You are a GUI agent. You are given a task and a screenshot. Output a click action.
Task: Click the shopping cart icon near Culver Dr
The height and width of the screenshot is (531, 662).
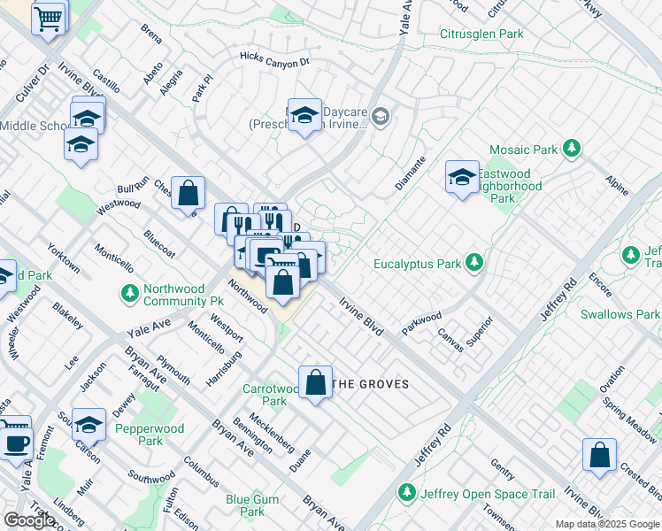point(49,18)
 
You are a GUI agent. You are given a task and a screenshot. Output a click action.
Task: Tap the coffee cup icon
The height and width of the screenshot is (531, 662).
point(16,442)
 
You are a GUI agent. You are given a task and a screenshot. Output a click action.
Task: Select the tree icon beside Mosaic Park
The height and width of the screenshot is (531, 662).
point(572,148)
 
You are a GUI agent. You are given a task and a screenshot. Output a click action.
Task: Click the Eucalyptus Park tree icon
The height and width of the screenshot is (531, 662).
point(475,263)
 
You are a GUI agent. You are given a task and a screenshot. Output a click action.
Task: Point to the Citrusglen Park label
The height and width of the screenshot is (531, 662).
point(481,35)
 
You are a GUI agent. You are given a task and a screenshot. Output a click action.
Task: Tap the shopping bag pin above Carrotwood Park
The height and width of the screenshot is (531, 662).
point(315,383)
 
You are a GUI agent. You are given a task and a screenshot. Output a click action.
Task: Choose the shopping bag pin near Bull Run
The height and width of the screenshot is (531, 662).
point(188,193)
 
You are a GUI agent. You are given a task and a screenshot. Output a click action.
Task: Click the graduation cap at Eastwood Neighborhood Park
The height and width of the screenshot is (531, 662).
point(461,178)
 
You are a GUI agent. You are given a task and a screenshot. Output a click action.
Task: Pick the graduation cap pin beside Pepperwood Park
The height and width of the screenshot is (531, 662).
point(89,426)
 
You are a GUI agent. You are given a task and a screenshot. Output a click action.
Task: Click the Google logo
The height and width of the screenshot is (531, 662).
point(29,520)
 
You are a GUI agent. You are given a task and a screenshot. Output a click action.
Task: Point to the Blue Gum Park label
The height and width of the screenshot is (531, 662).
point(252,505)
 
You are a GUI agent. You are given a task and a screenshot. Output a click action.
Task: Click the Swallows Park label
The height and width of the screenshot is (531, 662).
point(620,314)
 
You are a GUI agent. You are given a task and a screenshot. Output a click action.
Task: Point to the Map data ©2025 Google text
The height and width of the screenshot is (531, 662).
point(606,523)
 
